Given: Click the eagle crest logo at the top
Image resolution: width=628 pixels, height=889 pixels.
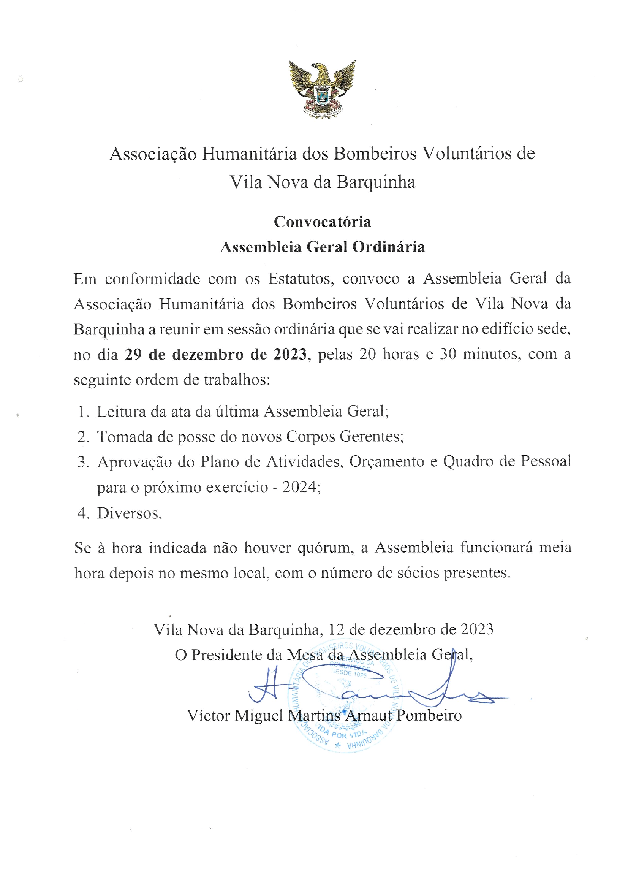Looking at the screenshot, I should [322, 89].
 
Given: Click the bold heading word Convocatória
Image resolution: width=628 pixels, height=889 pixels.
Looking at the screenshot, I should [322, 222].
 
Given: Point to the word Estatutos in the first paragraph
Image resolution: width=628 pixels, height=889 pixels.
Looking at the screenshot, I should [300, 279].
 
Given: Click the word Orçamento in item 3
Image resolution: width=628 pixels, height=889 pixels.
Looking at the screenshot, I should [386, 461].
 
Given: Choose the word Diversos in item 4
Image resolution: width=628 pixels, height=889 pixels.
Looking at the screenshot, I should [128, 513].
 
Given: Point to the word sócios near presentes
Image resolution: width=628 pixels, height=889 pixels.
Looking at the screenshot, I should [419, 573].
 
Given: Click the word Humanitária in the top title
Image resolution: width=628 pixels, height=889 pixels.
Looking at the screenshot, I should [249, 154].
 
